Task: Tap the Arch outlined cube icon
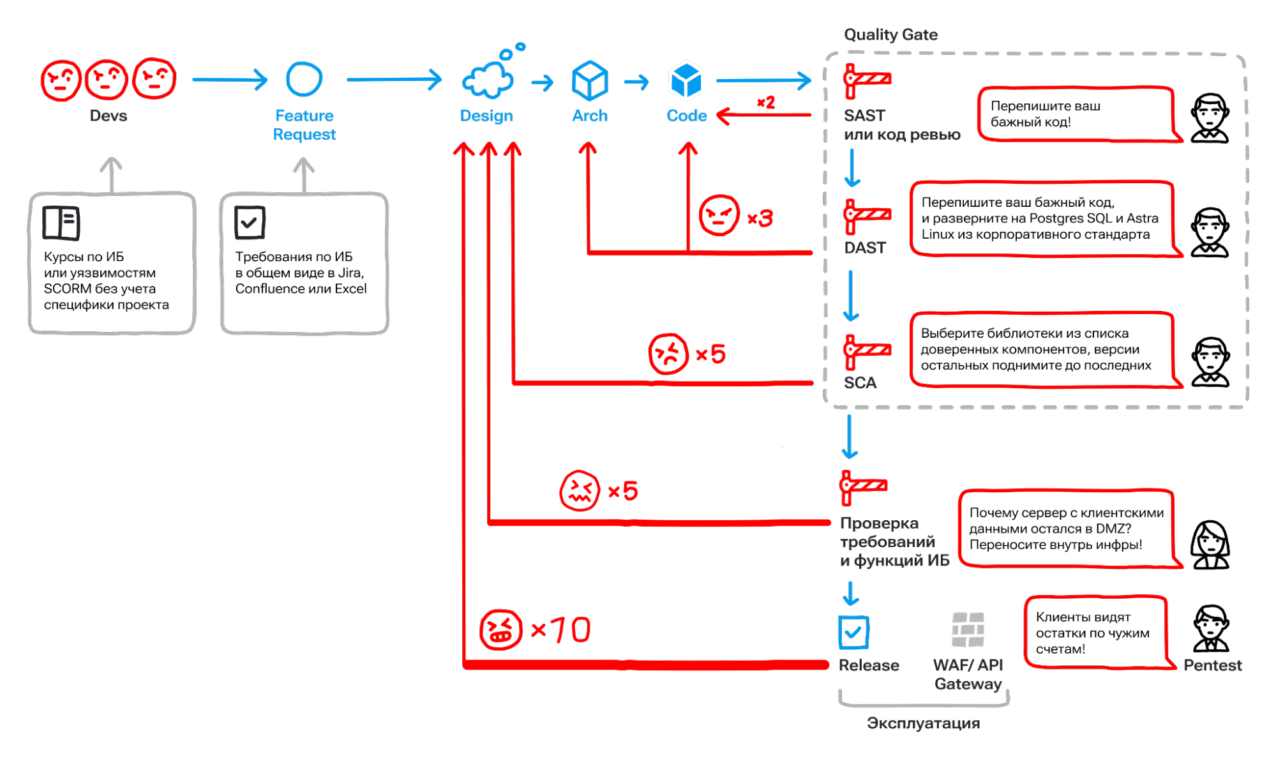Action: coord(589,81)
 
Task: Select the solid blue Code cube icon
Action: coord(686,81)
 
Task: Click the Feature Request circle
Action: coord(304,79)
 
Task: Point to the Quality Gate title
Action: coord(890,34)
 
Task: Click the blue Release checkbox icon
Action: coord(853,633)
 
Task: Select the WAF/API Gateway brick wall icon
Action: coord(968,629)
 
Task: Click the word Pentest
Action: coord(1212,665)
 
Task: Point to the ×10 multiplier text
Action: coord(561,630)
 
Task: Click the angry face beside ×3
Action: coord(719,216)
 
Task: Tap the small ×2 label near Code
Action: coord(765,102)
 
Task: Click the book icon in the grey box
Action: coord(61,223)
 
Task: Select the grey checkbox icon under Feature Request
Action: coord(249,223)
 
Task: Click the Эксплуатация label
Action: coord(923,723)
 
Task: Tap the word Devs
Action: coord(108,116)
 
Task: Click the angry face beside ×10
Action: coord(500,629)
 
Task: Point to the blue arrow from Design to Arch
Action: coord(543,82)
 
